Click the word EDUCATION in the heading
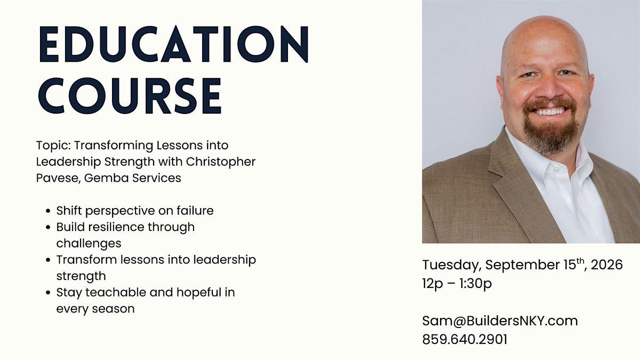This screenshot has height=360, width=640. click(x=174, y=44)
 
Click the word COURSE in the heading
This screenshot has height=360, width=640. click(x=130, y=95)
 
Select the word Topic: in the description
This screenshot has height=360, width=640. click(x=53, y=146)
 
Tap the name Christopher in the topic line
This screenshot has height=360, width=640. click(x=221, y=162)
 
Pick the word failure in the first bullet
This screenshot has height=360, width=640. click(x=195, y=211)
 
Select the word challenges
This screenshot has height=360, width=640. click(x=89, y=244)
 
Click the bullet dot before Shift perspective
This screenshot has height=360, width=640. click(x=48, y=211)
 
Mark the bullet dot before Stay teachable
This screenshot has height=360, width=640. click(x=48, y=293)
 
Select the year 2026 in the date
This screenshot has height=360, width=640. click(x=606, y=265)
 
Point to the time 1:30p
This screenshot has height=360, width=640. click(x=476, y=284)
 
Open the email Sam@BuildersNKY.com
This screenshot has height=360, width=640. click(x=500, y=321)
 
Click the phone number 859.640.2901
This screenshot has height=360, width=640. click(x=465, y=339)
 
